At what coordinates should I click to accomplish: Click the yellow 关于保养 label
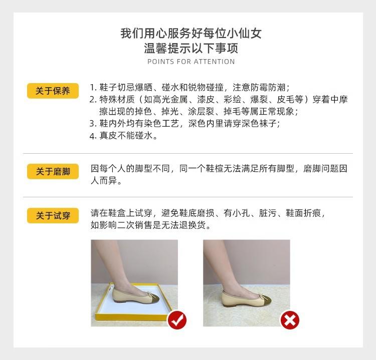tap(53, 91)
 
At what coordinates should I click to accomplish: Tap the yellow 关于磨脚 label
tap(53, 172)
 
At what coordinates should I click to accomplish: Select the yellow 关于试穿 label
tap(53, 216)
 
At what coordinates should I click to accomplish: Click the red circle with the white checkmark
tap(176, 319)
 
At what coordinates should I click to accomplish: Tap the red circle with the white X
tap(289, 319)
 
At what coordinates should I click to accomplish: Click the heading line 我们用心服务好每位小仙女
tap(191, 34)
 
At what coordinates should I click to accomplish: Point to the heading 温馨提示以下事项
tap(191, 49)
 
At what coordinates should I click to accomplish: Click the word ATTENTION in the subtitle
tap(214, 62)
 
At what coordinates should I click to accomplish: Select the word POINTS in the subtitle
tap(159, 62)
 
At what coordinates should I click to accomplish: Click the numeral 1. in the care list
tap(93, 87)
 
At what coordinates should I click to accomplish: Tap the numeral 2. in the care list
tap(93, 99)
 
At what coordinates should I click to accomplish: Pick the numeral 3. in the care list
tap(93, 124)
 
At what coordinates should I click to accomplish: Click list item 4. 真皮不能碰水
tap(123, 136)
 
